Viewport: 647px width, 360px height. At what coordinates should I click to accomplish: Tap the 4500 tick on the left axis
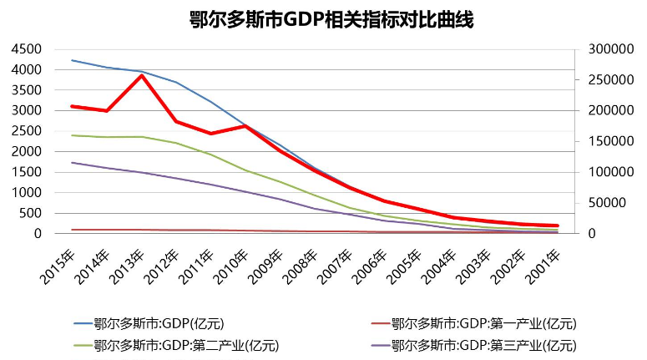point(27,49)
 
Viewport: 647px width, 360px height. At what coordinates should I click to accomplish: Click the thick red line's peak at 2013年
point(142,75)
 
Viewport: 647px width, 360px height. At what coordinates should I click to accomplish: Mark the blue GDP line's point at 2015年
point(72,60)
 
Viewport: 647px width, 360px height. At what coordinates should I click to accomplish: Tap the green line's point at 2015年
point(72,135)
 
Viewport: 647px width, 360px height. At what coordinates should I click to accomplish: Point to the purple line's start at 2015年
point(72,163)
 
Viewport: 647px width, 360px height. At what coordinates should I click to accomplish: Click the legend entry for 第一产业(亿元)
point(483,323)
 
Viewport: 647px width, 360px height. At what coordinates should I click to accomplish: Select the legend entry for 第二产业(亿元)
point(186,344)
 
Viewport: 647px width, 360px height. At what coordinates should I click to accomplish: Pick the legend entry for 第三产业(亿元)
point(483,344)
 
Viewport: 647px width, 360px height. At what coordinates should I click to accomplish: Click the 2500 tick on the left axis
point(27,131)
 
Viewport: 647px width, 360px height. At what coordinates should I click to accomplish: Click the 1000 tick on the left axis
point(27,193)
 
